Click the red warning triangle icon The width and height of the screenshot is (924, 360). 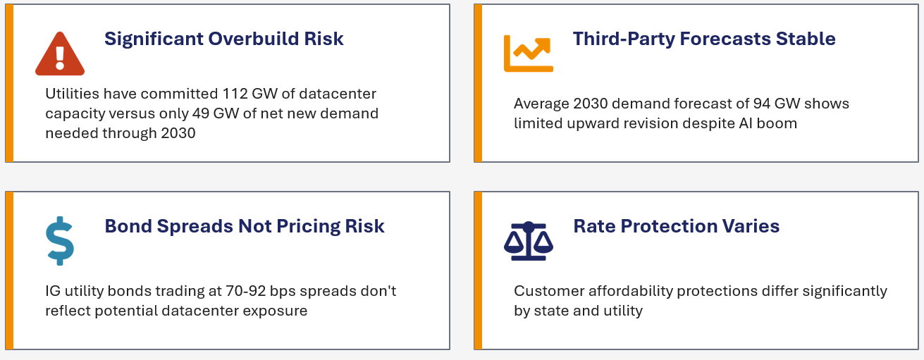[60, 54]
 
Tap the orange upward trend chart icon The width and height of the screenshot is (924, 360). [528, 53]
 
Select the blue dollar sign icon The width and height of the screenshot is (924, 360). [60, 241]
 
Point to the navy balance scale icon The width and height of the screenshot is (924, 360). [528, 241]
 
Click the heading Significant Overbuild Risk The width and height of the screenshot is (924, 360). [224, 39]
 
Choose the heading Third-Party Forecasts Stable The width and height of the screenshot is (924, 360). [704, 39]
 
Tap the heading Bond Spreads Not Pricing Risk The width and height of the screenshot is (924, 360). [245, 226]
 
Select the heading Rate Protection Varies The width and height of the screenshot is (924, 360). [676, 226]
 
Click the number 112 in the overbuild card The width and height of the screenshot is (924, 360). [235, 94]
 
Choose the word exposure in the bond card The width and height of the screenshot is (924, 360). [278, 311]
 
